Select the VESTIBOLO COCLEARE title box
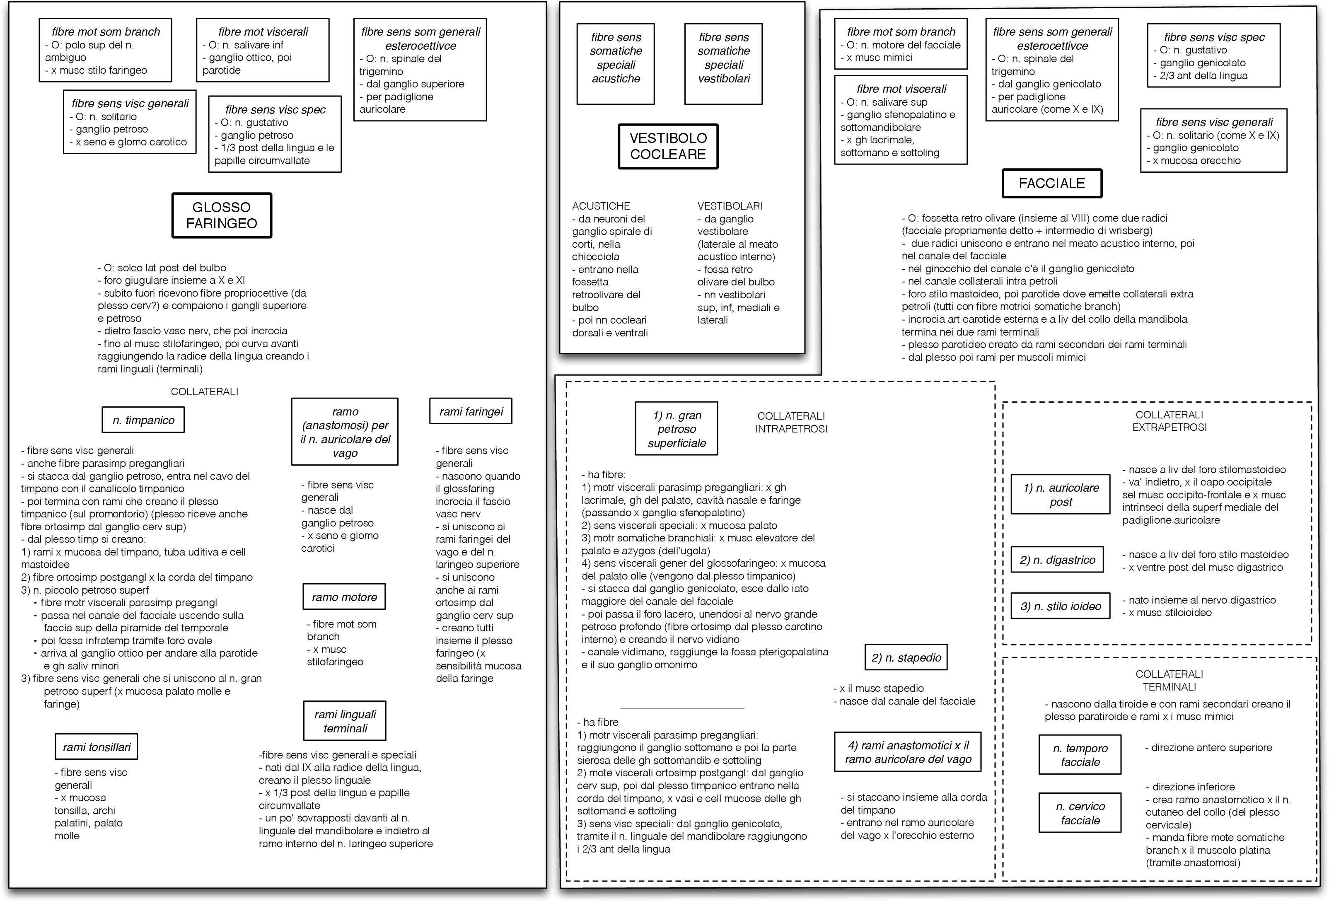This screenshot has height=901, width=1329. pyautogui.click(x=667, y=146)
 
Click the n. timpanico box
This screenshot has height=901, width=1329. pyautogui.click(x=143, y=420)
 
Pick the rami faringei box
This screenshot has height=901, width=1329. pyautogui.click(x=471, y=411)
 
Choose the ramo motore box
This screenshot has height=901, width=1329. pyautogui.click(x=344, y=597)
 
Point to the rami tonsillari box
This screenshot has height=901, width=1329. pyautogui.click(x=97, y=746)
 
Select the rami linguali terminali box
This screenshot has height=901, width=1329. pyautogui.click(x=345, y=721)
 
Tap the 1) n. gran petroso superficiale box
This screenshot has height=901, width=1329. pyautogui.click(x=677, y=429)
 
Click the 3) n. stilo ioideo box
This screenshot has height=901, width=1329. pyautogui.click(x=1060, y=606)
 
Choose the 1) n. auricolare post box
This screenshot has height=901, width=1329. pyautogui.click(x=1060, y=495)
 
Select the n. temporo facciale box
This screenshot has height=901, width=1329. pyautogui.click(x=1080, y=755)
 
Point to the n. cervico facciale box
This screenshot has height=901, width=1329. pyautogui.click(x=1080, y=813)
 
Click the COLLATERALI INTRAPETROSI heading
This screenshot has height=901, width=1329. pyautogui.click(x=791, y=423)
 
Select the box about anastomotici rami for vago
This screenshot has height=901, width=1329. pyautogui.click(x=908, y=752)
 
